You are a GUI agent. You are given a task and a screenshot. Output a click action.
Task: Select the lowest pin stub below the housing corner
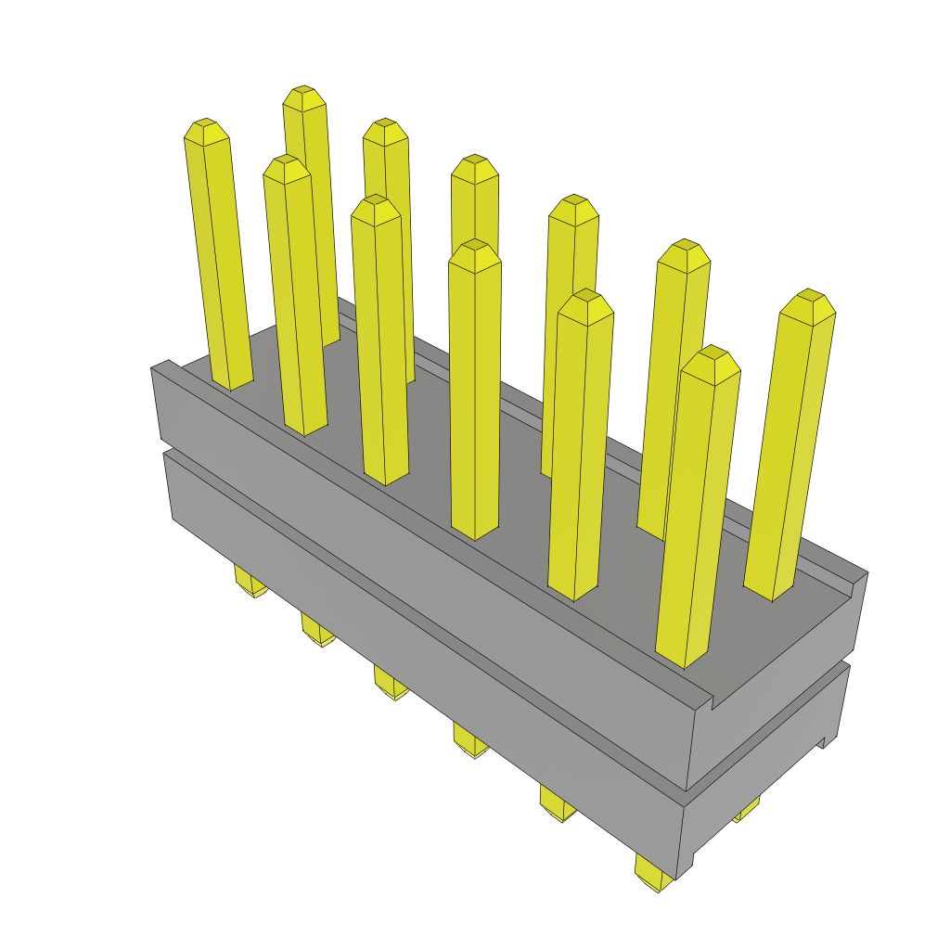pyautogui.click(x=655, y=876)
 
